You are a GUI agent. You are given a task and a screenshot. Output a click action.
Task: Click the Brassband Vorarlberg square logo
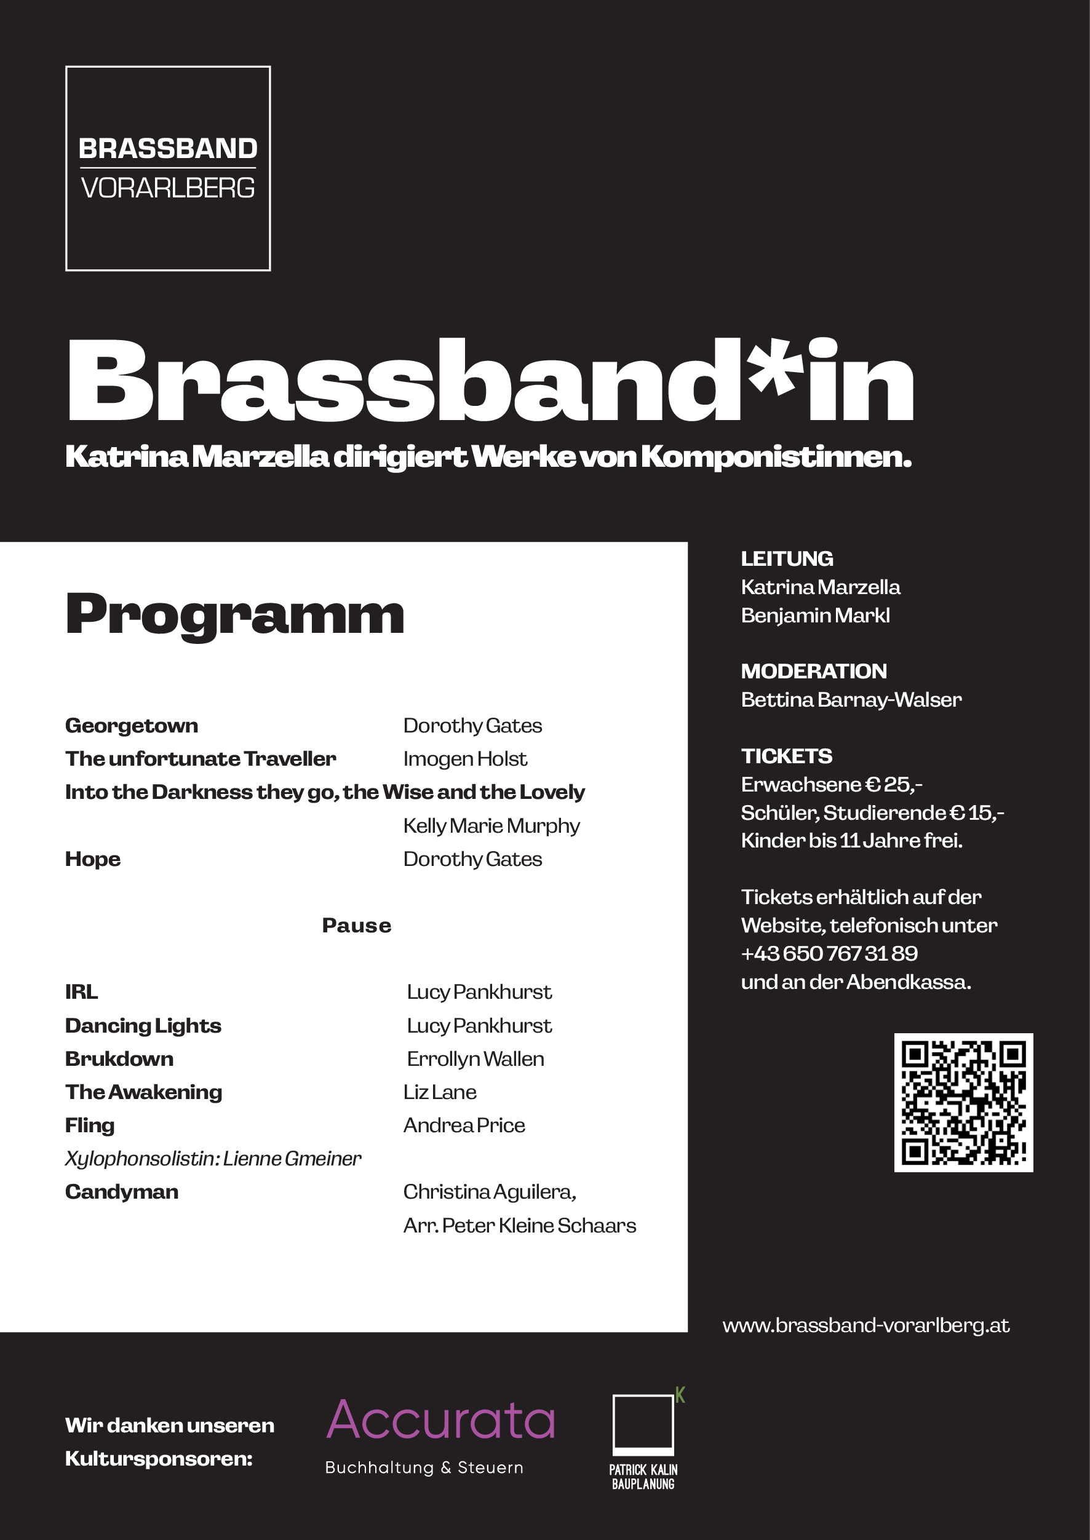coord(168,169)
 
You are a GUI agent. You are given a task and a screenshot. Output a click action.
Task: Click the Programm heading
coord(235,614)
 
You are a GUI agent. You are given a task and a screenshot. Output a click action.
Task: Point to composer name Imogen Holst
coord(465,759)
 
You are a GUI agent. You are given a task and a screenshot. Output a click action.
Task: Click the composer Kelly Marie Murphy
coord(491,825)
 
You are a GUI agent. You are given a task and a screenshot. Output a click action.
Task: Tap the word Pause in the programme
coord(356,926)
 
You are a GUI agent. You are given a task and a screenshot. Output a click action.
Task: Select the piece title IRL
coord(82,992)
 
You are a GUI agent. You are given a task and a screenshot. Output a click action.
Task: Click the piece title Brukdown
coord(119,1059)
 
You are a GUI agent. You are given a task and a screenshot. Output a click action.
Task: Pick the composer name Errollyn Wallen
coord(475,1059)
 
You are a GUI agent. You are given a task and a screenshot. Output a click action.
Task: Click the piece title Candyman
coord(121,1192)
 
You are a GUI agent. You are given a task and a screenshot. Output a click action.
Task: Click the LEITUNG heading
coord(787,558)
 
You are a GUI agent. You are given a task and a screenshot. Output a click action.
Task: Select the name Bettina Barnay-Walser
coord(851,700)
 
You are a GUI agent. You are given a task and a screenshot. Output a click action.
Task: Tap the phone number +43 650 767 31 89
coord(829,953)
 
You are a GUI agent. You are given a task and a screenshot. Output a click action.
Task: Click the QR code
coord(963,1103)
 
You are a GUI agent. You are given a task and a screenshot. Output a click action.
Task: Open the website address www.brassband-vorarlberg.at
coord(866,1325)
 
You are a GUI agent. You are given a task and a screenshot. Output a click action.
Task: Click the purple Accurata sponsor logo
coord(441,1421)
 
